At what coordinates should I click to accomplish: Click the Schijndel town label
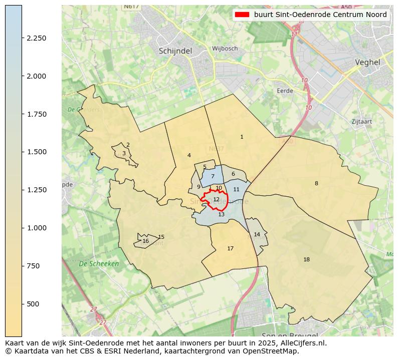pyautogui.click(x=176, y=51)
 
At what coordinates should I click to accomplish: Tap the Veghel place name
pyautogui.click(x=367, y=63)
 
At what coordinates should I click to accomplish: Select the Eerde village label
pyautogui.click(x=285, y=91)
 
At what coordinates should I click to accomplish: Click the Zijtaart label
pyautogui.click(x=361, y=122)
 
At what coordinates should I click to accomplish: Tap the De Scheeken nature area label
pyautogui.click(x=99, y=263)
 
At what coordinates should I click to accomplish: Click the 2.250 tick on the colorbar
pyautogui.click(x=36, y=38)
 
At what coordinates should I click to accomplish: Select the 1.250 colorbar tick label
pyautogui.click(x=36, y=190)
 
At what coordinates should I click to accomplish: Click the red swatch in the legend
pyautogui.click(x=242, y=15)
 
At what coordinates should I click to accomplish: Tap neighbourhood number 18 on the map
pyautogui.click(x=306, y=259)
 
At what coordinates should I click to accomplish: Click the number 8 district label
pyautogui.click(x=316, y=183)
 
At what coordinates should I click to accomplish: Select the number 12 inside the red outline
pyautogui.click(x=216, y=199)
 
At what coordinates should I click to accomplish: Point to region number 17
pyautogui.click(x=230, y=248)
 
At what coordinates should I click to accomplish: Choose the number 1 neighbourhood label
pyautogui.click(x=242, y=137)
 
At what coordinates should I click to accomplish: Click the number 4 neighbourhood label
pyautogui.click(x=189, y=155)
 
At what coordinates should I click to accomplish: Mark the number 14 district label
pyautogui.click(x=257, y=234)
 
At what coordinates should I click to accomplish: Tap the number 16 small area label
pyautogui.click(x=145, y=241)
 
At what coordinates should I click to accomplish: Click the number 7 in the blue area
pyautogui.click(x=213, y=176)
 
